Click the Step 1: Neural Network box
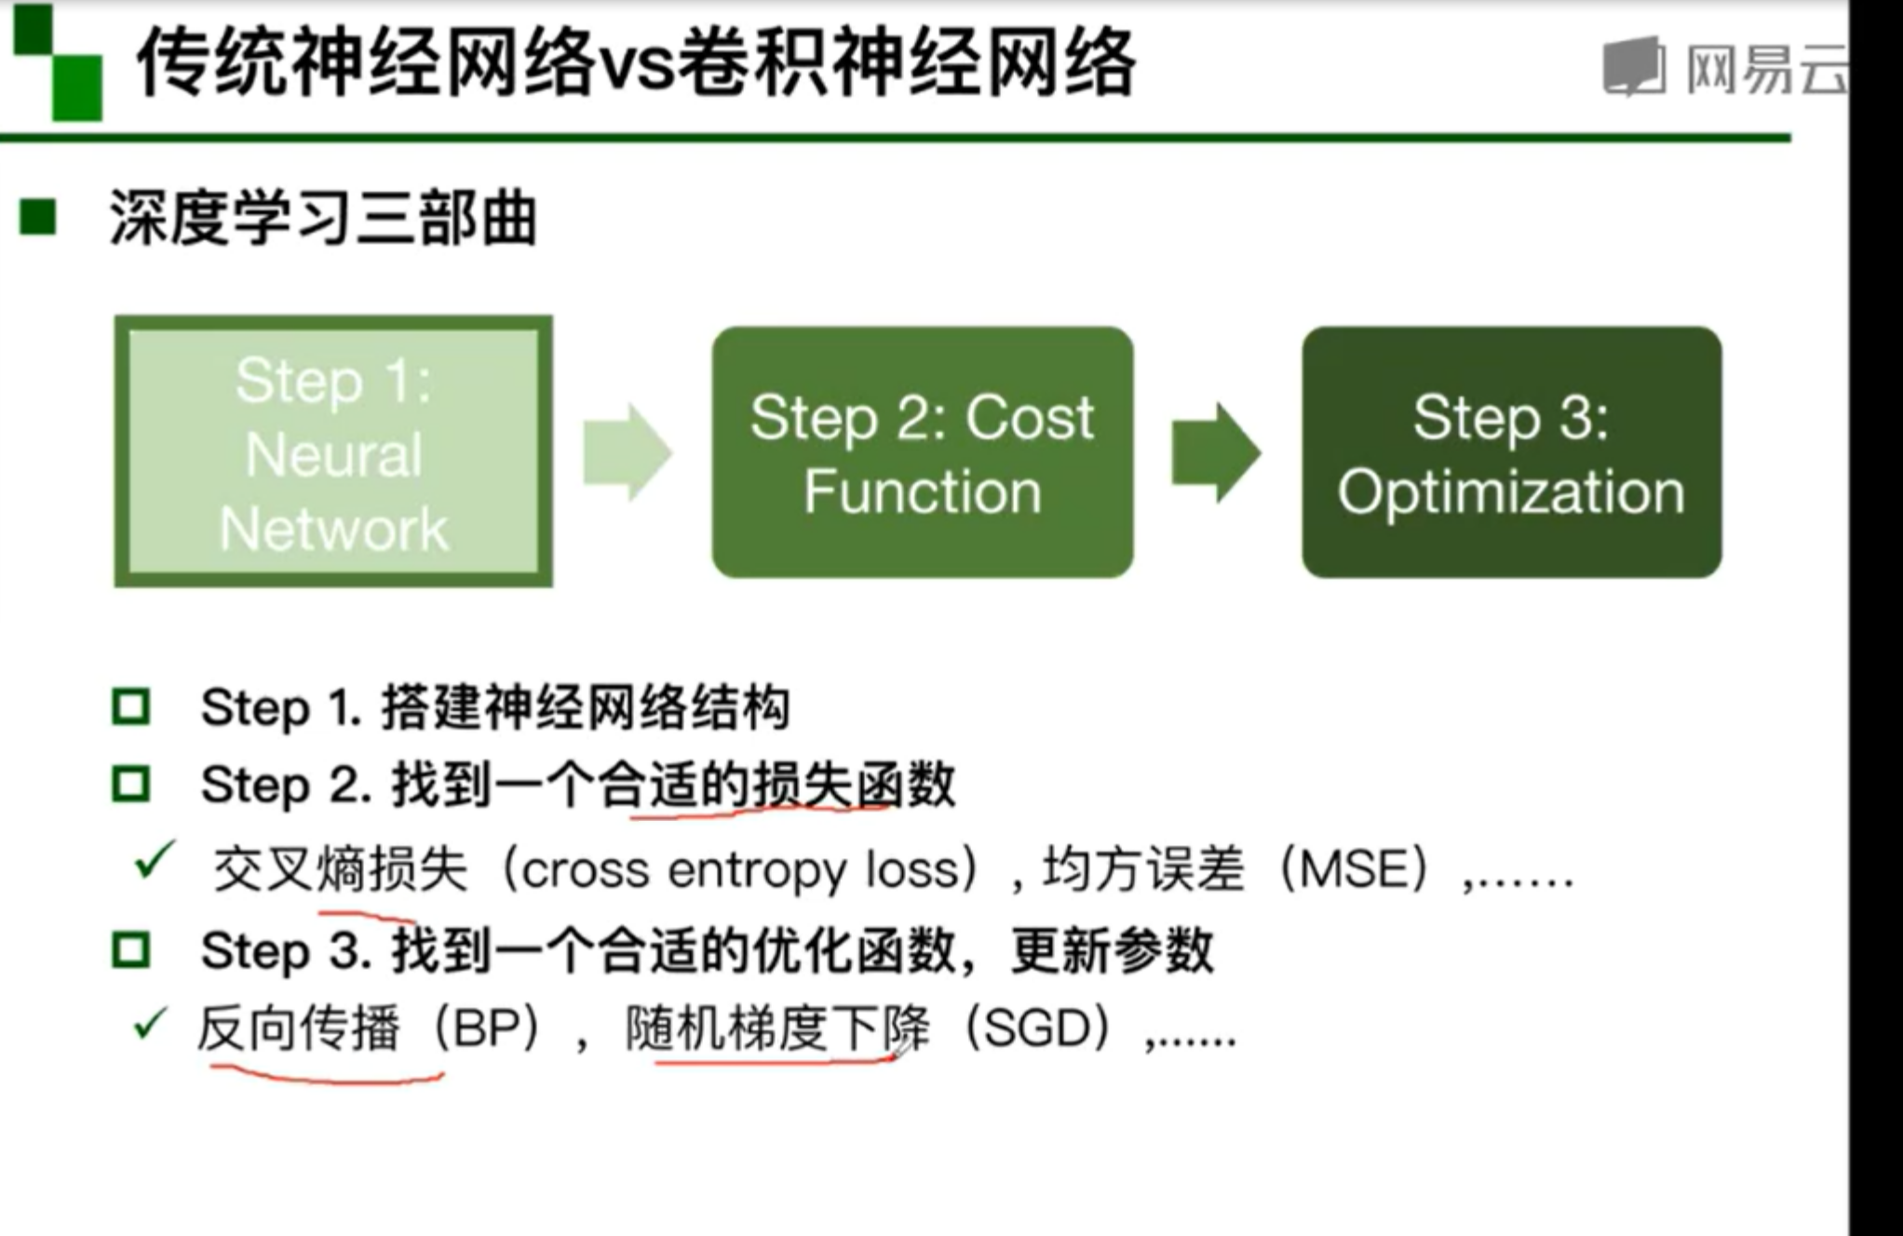[332, 452]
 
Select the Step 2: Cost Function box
[922, 452]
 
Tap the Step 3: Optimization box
[1511, 452]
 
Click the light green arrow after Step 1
[626, 452]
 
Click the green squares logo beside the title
[58, 63]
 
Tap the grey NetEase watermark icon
[1634, 67]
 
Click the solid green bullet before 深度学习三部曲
[38, 218]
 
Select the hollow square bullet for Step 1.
[130, 707]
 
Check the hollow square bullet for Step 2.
[130, 784]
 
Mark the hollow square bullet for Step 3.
[130, 950]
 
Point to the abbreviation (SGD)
[1038, 1029]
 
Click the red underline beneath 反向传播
[326, 1076]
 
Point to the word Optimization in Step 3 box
[1511, 491]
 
